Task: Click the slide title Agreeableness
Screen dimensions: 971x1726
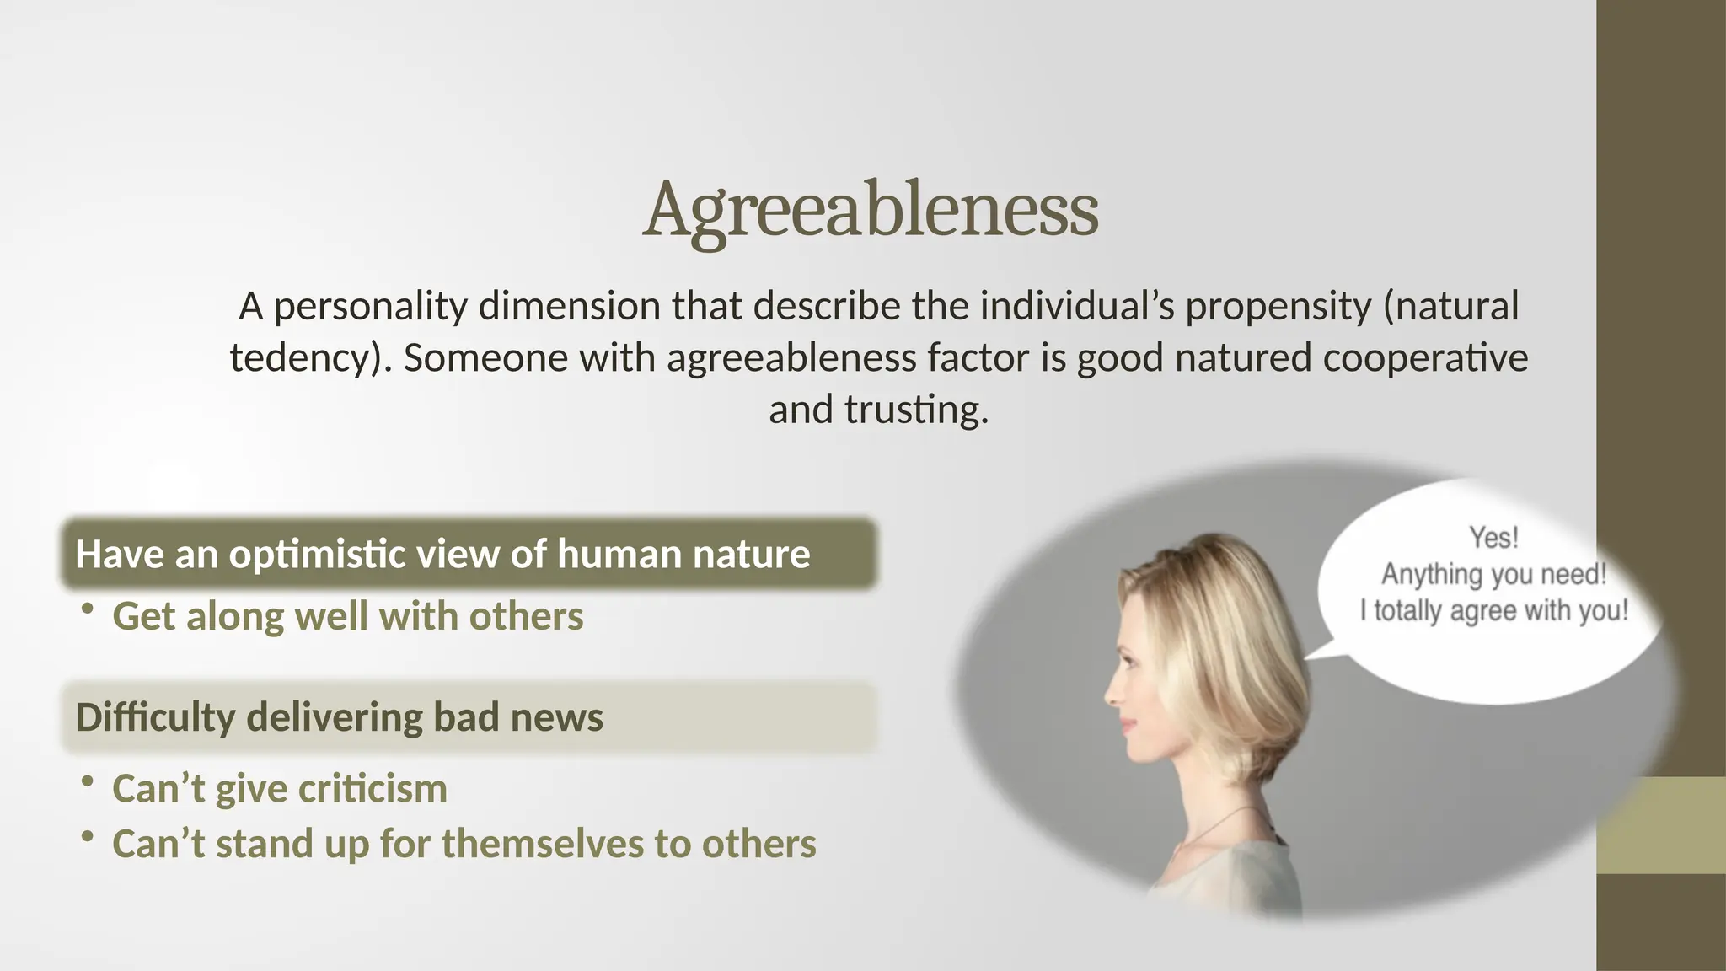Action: [871, 211]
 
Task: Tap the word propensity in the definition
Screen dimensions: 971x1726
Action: [1278, 307]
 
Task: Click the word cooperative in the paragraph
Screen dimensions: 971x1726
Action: [1424, 358]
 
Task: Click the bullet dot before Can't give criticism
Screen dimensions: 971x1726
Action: [87, 781]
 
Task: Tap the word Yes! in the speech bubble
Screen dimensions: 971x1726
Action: [1493, 538]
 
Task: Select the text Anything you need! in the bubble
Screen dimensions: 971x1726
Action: [1493, 575]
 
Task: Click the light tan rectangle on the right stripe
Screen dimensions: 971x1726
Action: [1661, 825]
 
